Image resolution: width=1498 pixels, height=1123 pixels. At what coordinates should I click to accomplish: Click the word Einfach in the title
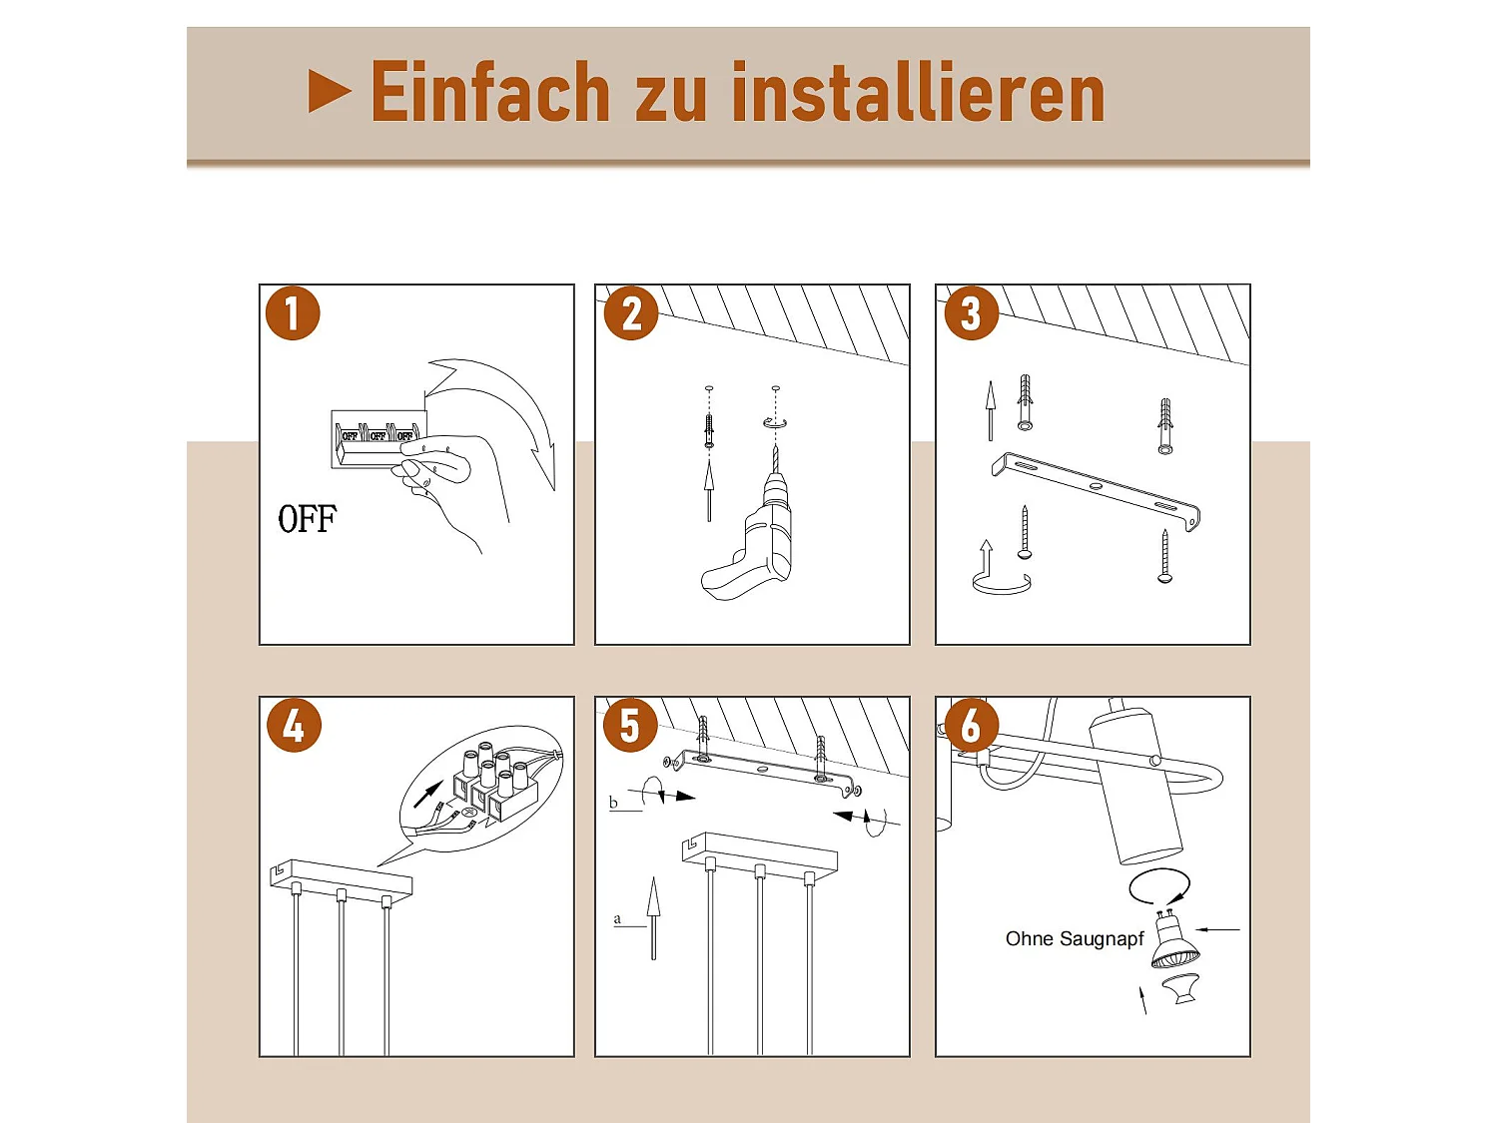(489, 92)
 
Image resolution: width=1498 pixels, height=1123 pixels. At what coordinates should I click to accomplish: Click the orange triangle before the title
(329, 92)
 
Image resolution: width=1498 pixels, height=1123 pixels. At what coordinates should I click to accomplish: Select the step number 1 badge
(293, 313)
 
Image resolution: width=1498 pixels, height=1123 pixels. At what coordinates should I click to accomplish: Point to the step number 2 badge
(631, 313)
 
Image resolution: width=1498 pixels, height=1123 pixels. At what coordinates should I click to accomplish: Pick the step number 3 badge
(971, 313)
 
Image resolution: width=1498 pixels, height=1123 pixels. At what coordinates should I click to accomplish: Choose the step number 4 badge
(294, 725)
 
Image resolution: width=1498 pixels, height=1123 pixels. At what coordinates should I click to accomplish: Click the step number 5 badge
(630, 725)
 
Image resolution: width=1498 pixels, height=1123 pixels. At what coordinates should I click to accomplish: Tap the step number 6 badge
(971, 725)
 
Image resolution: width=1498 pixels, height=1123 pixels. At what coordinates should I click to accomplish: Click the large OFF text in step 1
(308, 519)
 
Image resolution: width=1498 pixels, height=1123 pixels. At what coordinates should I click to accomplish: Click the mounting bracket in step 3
(1096, 489)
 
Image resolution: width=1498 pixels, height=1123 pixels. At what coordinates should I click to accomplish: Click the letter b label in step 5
(613, 803)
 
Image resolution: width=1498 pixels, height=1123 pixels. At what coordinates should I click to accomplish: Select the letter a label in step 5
(617, 919)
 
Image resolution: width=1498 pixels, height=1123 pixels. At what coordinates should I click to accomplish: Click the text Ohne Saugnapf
(1075, 939)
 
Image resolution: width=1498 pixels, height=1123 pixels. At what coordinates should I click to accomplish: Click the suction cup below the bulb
(1181, 988)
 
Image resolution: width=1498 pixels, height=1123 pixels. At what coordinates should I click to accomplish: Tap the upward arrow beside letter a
(653, 918)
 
